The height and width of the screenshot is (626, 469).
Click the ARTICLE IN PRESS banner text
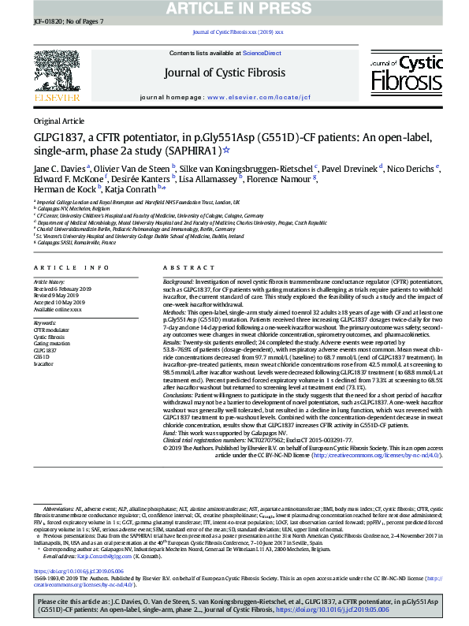[233, 8]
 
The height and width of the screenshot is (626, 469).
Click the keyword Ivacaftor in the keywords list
[44, 364]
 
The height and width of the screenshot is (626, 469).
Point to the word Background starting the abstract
[179, 281]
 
